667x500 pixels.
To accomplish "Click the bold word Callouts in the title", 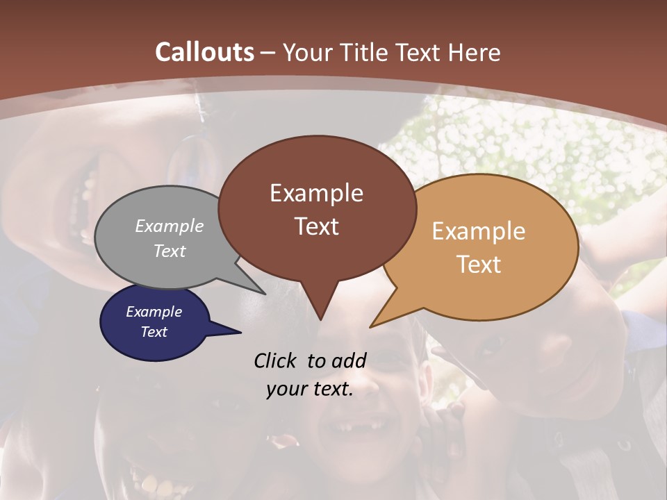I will point(204,52).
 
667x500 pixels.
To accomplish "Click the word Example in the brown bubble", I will point(316,193).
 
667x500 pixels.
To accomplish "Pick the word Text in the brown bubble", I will point(316,226).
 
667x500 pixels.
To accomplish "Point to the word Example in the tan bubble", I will point(479,231).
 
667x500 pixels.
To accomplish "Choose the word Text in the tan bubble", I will point(479,264).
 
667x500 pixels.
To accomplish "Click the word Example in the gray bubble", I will point(170,226).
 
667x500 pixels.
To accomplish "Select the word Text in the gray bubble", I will point(170,251).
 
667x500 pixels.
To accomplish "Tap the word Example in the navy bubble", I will point(154,312).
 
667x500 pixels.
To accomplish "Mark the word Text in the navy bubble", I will point(154,332).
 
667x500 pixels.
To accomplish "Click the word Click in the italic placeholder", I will point(277,360).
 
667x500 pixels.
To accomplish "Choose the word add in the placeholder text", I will point(349,360).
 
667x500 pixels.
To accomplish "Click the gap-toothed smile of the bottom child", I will point(361,424).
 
